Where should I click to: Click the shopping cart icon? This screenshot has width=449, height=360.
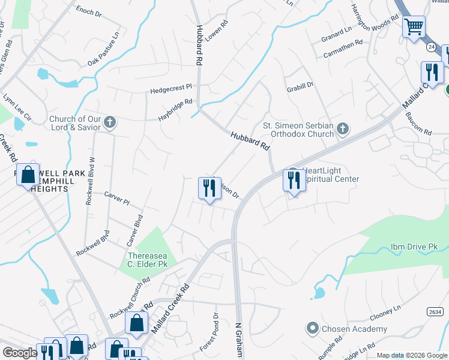click(414, 27)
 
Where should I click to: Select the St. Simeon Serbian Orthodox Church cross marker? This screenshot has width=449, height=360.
click(342, 128)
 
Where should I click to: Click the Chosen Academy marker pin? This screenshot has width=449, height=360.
click(312, 329)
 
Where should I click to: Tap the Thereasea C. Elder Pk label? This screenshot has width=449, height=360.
click(148, 260)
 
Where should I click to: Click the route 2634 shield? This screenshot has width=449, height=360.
click(436, 312)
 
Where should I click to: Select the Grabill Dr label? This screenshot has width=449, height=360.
click(300, 85)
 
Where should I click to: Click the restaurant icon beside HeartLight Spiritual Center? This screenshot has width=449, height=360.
click(294, 180)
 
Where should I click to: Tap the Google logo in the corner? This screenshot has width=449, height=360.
click(20, 353)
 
